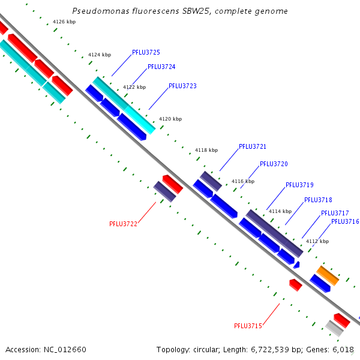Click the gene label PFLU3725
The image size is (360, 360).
click(146, 53)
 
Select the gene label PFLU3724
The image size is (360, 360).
click(161, 67)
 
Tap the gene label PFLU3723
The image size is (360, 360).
click(182, 86)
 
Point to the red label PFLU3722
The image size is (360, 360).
click(123, 224)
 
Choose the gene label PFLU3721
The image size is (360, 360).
click(253, 146)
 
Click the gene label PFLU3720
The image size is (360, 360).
click(274, 164)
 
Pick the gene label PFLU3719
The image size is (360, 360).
click(299, 185)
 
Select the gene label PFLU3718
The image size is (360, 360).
click(318, 200)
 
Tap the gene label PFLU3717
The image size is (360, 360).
click(335, 214)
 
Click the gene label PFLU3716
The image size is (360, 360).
click(345, 222)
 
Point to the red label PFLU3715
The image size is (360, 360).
click(248, 326)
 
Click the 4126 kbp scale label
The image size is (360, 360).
click(64, 22)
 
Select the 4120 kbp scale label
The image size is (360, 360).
click(170, 119)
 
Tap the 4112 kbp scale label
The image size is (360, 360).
click(317, 241)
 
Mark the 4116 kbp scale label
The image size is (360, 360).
click(243, 181)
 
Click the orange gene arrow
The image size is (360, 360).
click(328, 275)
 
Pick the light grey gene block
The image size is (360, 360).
click(334, 328)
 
